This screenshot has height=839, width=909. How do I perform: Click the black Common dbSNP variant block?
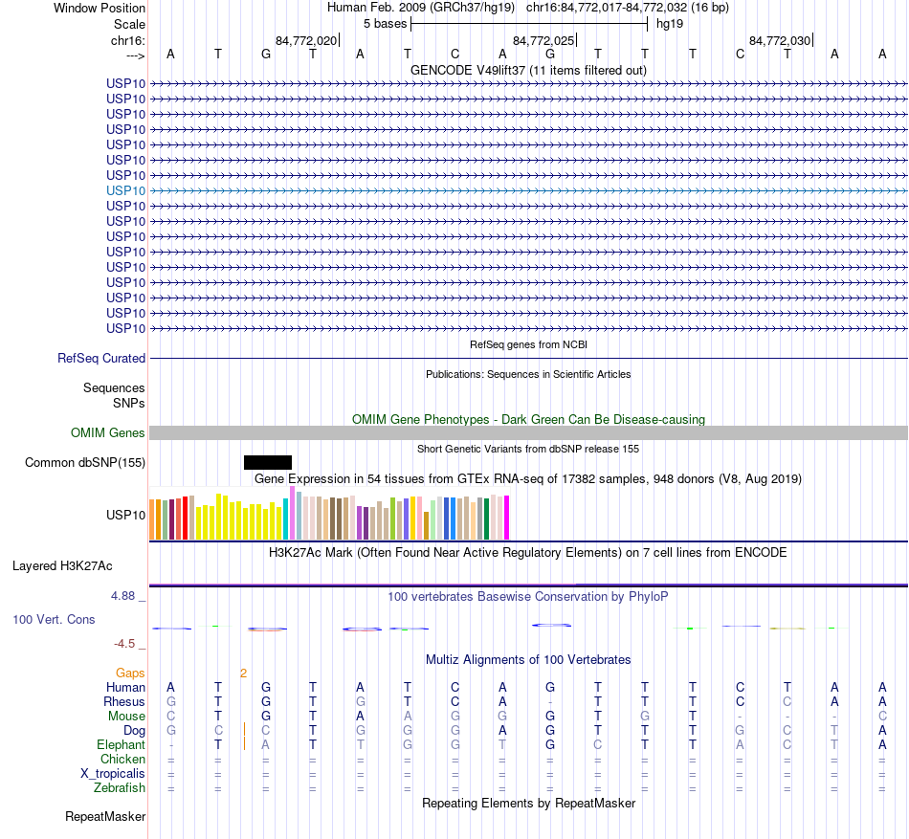[268, 463]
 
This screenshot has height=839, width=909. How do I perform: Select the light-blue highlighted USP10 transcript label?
[126, 190]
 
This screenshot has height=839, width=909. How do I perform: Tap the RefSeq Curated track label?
[101, 359]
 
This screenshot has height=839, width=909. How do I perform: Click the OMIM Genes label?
[108, 433]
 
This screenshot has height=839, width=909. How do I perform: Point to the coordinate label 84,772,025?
[543, 41]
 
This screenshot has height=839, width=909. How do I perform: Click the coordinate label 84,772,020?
[305, 41]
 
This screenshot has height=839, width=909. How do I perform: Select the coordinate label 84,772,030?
[780, 41]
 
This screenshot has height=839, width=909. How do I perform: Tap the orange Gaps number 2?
[243, 673]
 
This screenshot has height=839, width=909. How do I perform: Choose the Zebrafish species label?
[120, 788]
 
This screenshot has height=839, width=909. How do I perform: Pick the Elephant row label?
[121, 745]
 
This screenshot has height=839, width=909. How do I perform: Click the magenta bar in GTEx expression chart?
[506, 518]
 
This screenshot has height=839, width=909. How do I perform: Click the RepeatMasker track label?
[105, 817]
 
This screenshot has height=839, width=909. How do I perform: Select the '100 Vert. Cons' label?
[54, 620]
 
